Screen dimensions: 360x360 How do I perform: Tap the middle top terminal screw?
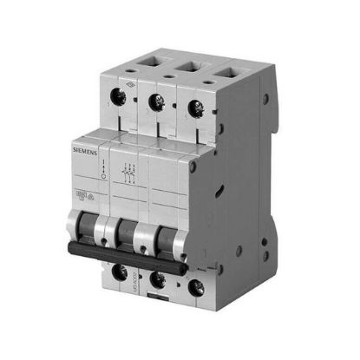click(159, 101)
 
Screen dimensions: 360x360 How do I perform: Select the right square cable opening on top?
click(215, 69)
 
